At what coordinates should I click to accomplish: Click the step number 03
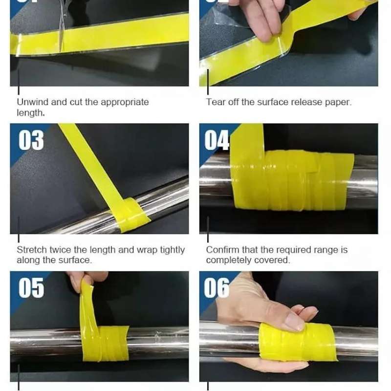[31, 140]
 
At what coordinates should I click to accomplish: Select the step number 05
[31, 287]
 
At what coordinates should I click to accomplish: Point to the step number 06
[217, 287]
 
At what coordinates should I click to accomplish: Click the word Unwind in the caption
[33, 102]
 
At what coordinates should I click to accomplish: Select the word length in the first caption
[30, 113]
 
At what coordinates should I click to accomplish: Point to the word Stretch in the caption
[32, 250]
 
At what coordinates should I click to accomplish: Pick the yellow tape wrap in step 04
[292, 180]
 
